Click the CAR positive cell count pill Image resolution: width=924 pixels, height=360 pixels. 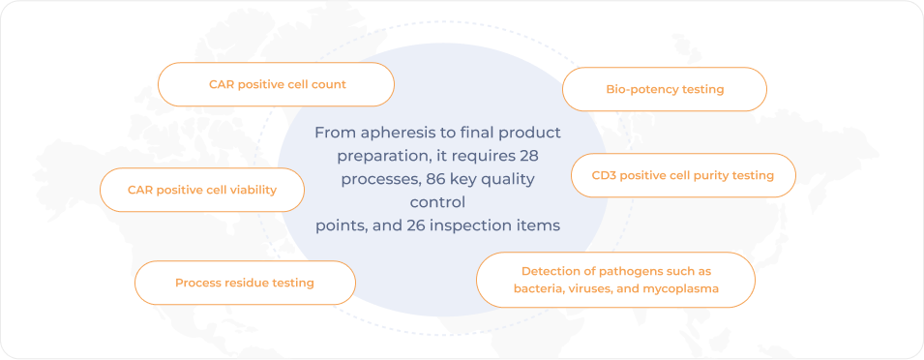(276, 84)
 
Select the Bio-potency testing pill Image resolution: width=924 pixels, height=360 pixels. (665, 90)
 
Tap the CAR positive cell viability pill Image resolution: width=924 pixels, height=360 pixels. (202, 191)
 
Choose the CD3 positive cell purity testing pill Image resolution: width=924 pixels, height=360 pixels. (683, 175)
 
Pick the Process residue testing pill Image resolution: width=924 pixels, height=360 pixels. (245, 283)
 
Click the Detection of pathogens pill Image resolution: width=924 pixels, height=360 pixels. (615, 280)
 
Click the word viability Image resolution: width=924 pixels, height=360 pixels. (254, 191)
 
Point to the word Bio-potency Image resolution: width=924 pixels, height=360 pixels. (641, 90)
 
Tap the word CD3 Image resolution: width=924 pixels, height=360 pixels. (603, 175)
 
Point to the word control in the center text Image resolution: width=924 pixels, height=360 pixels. (437, 202)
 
